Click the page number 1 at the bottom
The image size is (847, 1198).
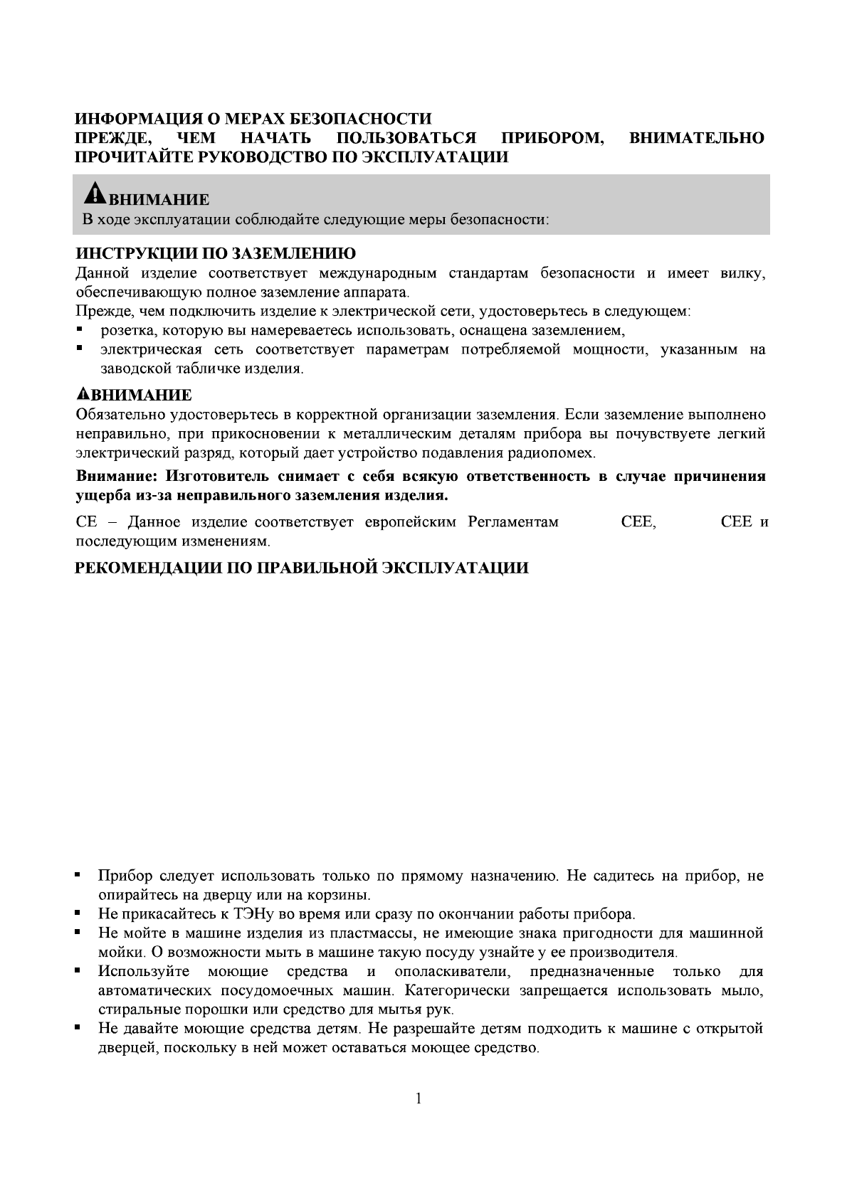click(x=419, y=1099)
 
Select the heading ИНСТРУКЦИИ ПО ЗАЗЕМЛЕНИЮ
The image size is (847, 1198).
click(x=216, y=254)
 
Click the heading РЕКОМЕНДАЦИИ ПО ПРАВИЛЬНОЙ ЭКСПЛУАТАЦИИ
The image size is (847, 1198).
click(x=302, y=568)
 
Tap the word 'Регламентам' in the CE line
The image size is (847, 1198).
click(x=513, y=522)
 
